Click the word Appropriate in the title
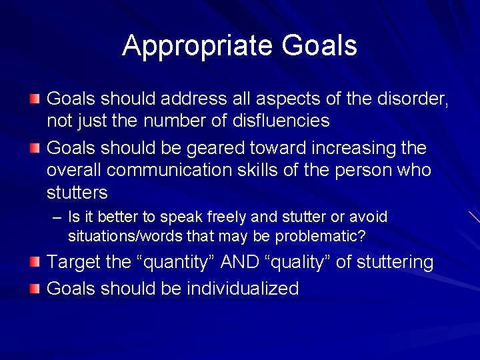click(198, 46)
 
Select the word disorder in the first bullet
click(410, 99)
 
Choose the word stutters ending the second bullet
click(77, 193)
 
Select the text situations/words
click(134, 235)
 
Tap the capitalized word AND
click(235, 263)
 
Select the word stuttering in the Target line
click(395, 263)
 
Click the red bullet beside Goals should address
click(35, 99)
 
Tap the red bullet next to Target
click(35, 262)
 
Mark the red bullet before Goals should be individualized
click(35, 288)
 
